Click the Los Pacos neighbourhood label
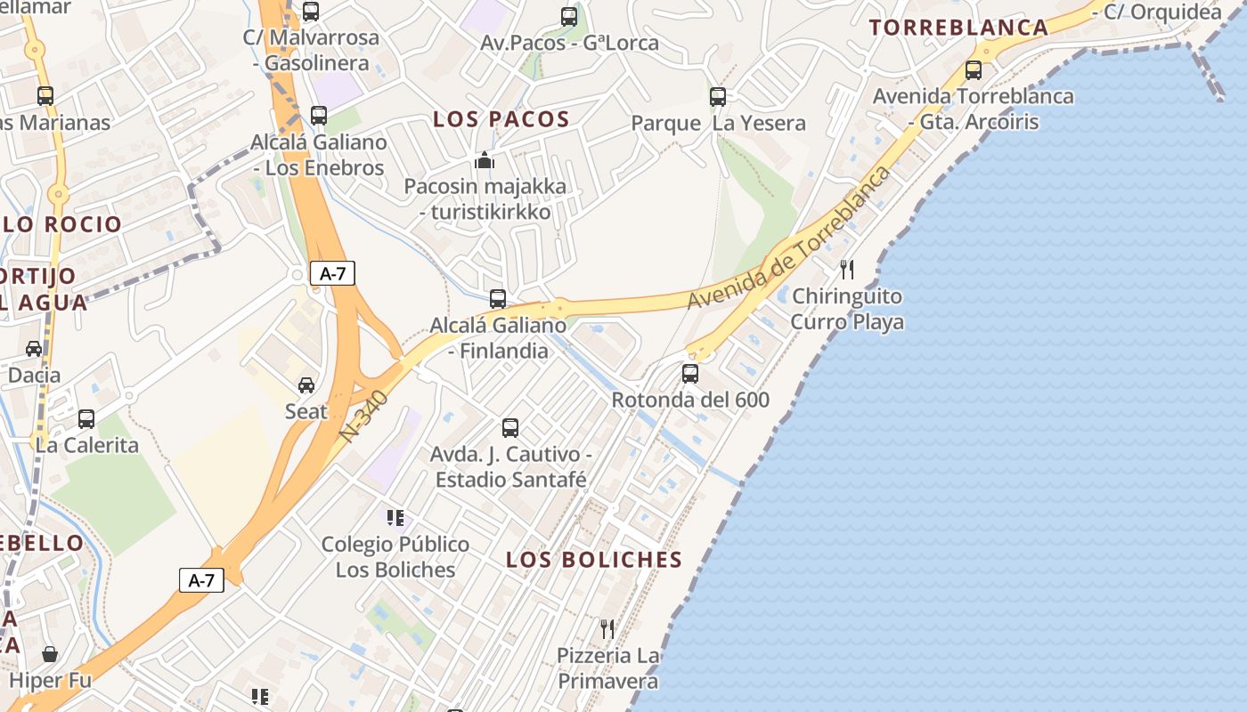tap(501, 119)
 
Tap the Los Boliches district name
tap(594, 560)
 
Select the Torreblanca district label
tap(958, 28)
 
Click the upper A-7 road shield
tap(332, 274)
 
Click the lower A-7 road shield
tap(201, 581)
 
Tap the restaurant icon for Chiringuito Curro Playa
tap(847, 269)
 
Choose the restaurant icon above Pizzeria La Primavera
tap(607, 629)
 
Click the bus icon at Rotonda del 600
tap(690, 374)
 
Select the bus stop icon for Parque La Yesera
tap(718, 97)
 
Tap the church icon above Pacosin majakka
tap(485, 160)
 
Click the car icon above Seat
tap(306, 385)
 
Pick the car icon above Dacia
tap(34, 349)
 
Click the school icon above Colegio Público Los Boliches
tap(395, 517)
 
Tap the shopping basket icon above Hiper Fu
tap(50, 655)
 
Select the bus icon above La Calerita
tap(86, 418)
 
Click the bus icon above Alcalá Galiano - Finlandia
tap(498, 299)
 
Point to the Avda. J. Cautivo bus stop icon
tap(510, 428)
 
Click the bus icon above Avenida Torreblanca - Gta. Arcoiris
tap(974, 69)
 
